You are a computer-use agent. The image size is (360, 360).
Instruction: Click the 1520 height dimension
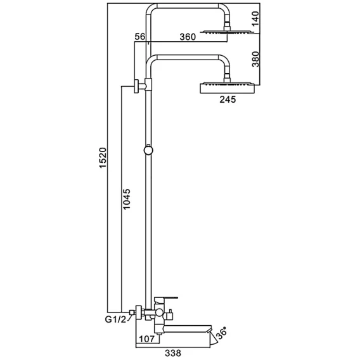click(103, 158)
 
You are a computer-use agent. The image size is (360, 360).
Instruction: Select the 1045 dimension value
click(127, 199)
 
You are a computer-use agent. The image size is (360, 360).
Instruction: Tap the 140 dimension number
click(255, 18)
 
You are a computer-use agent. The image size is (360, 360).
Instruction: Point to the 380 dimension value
click(255, 59)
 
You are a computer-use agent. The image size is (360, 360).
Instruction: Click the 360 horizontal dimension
click(188, 37)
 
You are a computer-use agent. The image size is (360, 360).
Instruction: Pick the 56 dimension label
click(140, 37)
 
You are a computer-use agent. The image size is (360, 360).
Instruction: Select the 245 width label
click(228, 100)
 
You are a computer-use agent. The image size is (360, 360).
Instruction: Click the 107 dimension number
click(147, 338)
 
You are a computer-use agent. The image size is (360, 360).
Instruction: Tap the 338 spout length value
click(173, 353)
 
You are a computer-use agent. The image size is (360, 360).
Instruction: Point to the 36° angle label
click(221, 333)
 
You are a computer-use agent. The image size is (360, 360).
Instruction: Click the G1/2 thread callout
click(116, 319)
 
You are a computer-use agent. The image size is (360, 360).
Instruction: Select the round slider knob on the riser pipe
click(148, 150)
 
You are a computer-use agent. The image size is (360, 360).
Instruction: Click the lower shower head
click(228, 88)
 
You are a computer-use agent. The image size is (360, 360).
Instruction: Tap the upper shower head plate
click(228, 32)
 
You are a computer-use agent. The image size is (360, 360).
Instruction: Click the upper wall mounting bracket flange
click(137, 86)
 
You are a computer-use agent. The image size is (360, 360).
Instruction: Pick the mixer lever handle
click(166, 299)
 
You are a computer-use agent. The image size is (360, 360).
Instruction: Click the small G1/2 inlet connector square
click(132, 312)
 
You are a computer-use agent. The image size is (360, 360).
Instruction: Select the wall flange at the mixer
click(139, 312)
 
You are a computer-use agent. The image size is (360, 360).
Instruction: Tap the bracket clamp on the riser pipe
click(148, 84)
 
